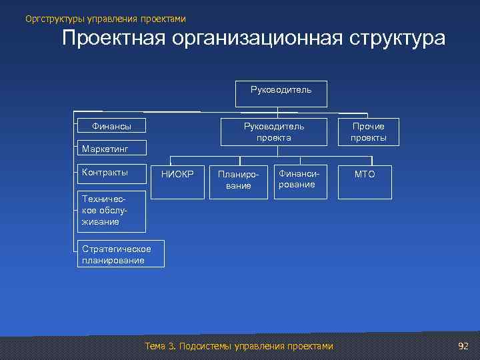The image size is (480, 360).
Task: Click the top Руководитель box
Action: point(281,94)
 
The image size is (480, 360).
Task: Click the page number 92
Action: point(463,346)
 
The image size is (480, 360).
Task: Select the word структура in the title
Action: point(399,39)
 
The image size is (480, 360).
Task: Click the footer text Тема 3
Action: point(159,346)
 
